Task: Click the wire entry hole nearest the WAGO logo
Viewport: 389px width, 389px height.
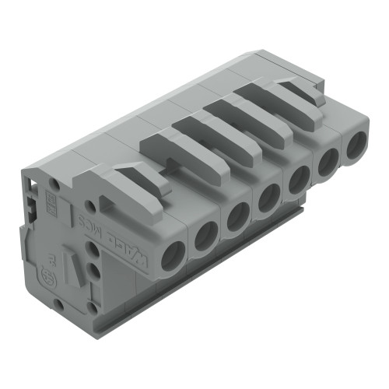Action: click(x=173, y=255)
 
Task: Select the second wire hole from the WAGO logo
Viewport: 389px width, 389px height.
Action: click(x=205, y=235)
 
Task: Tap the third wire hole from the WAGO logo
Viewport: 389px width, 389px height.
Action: click(x=237, y=217)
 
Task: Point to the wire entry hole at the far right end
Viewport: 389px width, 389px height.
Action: click(x=356, y=145)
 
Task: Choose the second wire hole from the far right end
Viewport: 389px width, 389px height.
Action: click(x=328, y=162)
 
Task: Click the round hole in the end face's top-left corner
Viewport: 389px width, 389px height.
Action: click(x=54, y=184)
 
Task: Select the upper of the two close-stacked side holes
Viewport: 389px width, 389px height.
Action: click(x=93, y=251)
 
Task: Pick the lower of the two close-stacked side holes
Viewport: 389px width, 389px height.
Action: click(x=94, y=270)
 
